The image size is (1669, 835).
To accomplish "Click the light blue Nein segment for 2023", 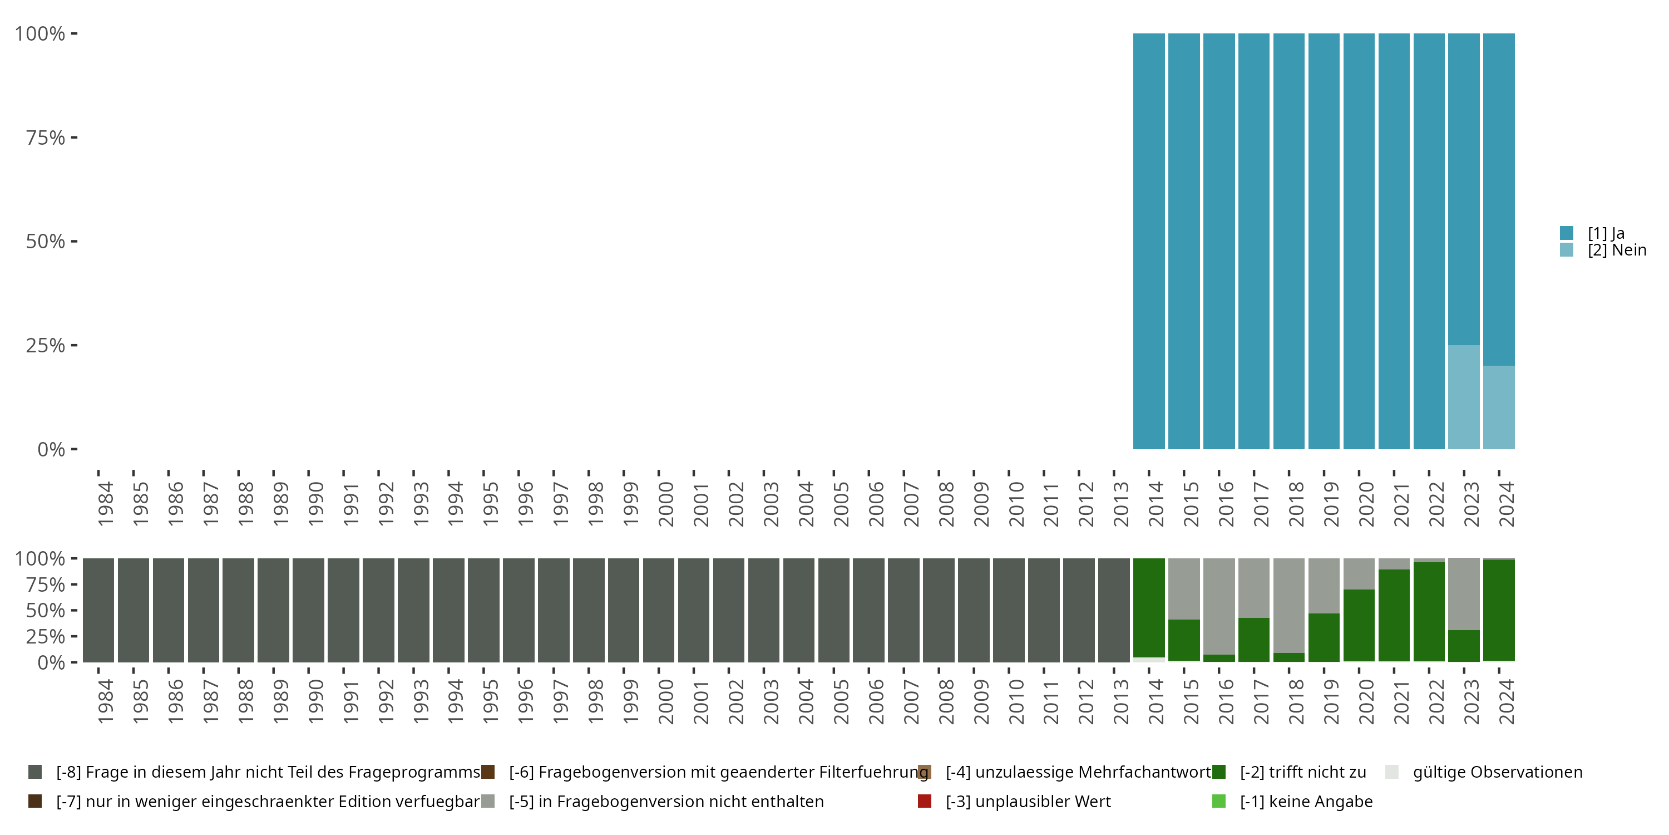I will (1464, 397).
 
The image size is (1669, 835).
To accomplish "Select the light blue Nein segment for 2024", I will (1499, 407).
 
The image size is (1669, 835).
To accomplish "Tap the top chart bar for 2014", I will (1149, 241).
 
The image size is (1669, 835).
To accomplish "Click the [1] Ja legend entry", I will (1606, 233).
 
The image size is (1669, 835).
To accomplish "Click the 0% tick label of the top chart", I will (51, 449).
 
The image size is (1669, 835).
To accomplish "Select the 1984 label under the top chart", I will (105, 504).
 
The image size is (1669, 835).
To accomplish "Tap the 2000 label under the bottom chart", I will (665, 701).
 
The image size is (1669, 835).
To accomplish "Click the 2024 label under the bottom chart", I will (1507, 701).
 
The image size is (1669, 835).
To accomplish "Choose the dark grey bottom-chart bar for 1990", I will (308, 610).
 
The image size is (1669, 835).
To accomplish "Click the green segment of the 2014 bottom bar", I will (1149, 607).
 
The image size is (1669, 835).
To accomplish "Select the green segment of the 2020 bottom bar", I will (1359, 625).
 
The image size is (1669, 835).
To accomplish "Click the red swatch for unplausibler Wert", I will (925, 801).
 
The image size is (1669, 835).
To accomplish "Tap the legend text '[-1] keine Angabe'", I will (1306, 801).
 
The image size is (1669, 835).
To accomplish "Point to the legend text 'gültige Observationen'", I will (1497, 772).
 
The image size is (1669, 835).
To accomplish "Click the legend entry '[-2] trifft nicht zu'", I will (1302, 772).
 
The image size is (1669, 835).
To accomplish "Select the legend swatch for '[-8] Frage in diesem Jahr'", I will (35, 772).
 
